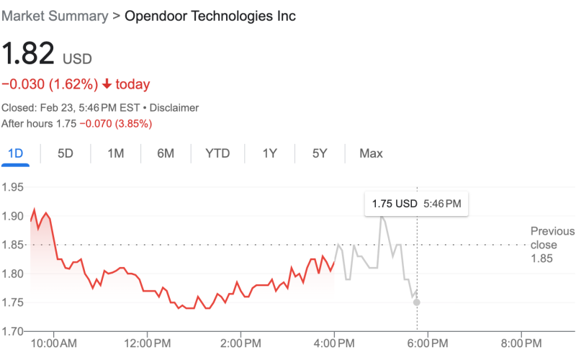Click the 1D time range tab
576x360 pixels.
click(x=15, y=153)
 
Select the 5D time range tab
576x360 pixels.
click(x=66, y=153)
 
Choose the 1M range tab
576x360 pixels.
click(x=116, y=153)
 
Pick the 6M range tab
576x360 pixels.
click(x=166, y=153)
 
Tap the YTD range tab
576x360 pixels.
click(x=217, y=153)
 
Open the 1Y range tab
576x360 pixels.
click(x=270, y=153)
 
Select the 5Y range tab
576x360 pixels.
click(x=320, y=153)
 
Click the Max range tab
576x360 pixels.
click(x=372, y=153)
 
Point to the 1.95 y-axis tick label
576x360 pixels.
click(x=14, y=187)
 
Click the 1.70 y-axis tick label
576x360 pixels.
click(x=14, y=331)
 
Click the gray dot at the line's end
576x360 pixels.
click(x=416, y=302)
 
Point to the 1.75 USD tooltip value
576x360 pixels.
click(x=395, y=204)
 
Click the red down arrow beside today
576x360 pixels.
click(x=107, y=84)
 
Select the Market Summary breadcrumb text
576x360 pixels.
click(x=55, y=16)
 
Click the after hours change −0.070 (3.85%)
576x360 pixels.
click(x=115, y=123)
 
